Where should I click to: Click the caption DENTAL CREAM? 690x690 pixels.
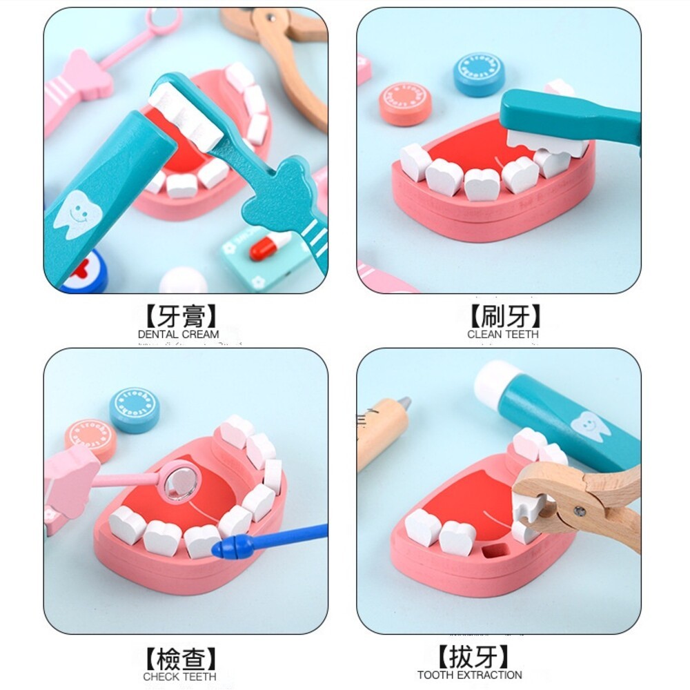(x=178, y=334)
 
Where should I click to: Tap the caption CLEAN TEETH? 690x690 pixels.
(x=503, y=334)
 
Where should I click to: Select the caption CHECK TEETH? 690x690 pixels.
(x=179, y=677)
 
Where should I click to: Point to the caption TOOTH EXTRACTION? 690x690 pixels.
(x=469, y=675)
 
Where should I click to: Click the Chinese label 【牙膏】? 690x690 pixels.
(x=181, y=316)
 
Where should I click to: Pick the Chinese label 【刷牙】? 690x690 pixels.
(x=504, y=316)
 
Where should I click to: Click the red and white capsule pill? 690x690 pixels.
(x=270, y=245)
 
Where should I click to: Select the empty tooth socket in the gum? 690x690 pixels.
(x=492, y=551)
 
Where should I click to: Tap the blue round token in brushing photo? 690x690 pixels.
(x=479, y=75)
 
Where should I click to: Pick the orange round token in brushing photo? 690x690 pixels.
(x=406, y=103)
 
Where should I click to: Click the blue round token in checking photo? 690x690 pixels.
(x=134, y=409)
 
